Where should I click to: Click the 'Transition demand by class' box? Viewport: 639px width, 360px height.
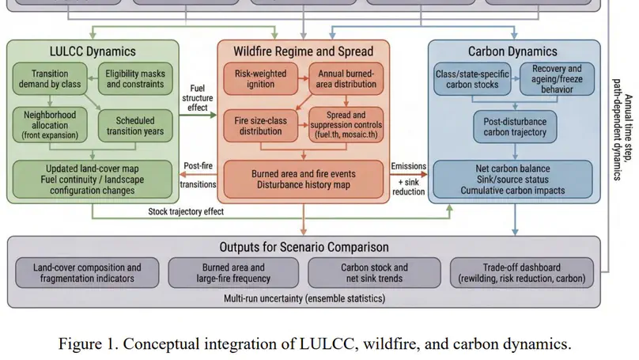49,79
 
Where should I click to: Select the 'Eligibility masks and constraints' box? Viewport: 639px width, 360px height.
135,79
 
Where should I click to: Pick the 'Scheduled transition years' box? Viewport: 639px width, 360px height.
135,124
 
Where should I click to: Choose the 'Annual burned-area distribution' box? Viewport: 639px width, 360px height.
346,79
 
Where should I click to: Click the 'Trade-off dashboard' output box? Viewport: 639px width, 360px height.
522,273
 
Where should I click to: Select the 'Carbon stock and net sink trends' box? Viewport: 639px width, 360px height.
374,273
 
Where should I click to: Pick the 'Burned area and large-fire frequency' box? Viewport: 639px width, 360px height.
233,273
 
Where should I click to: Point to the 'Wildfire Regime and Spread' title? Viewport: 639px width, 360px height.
304,51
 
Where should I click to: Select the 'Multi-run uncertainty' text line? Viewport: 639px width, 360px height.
304,298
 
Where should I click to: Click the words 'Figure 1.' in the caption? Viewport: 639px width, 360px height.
91,344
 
